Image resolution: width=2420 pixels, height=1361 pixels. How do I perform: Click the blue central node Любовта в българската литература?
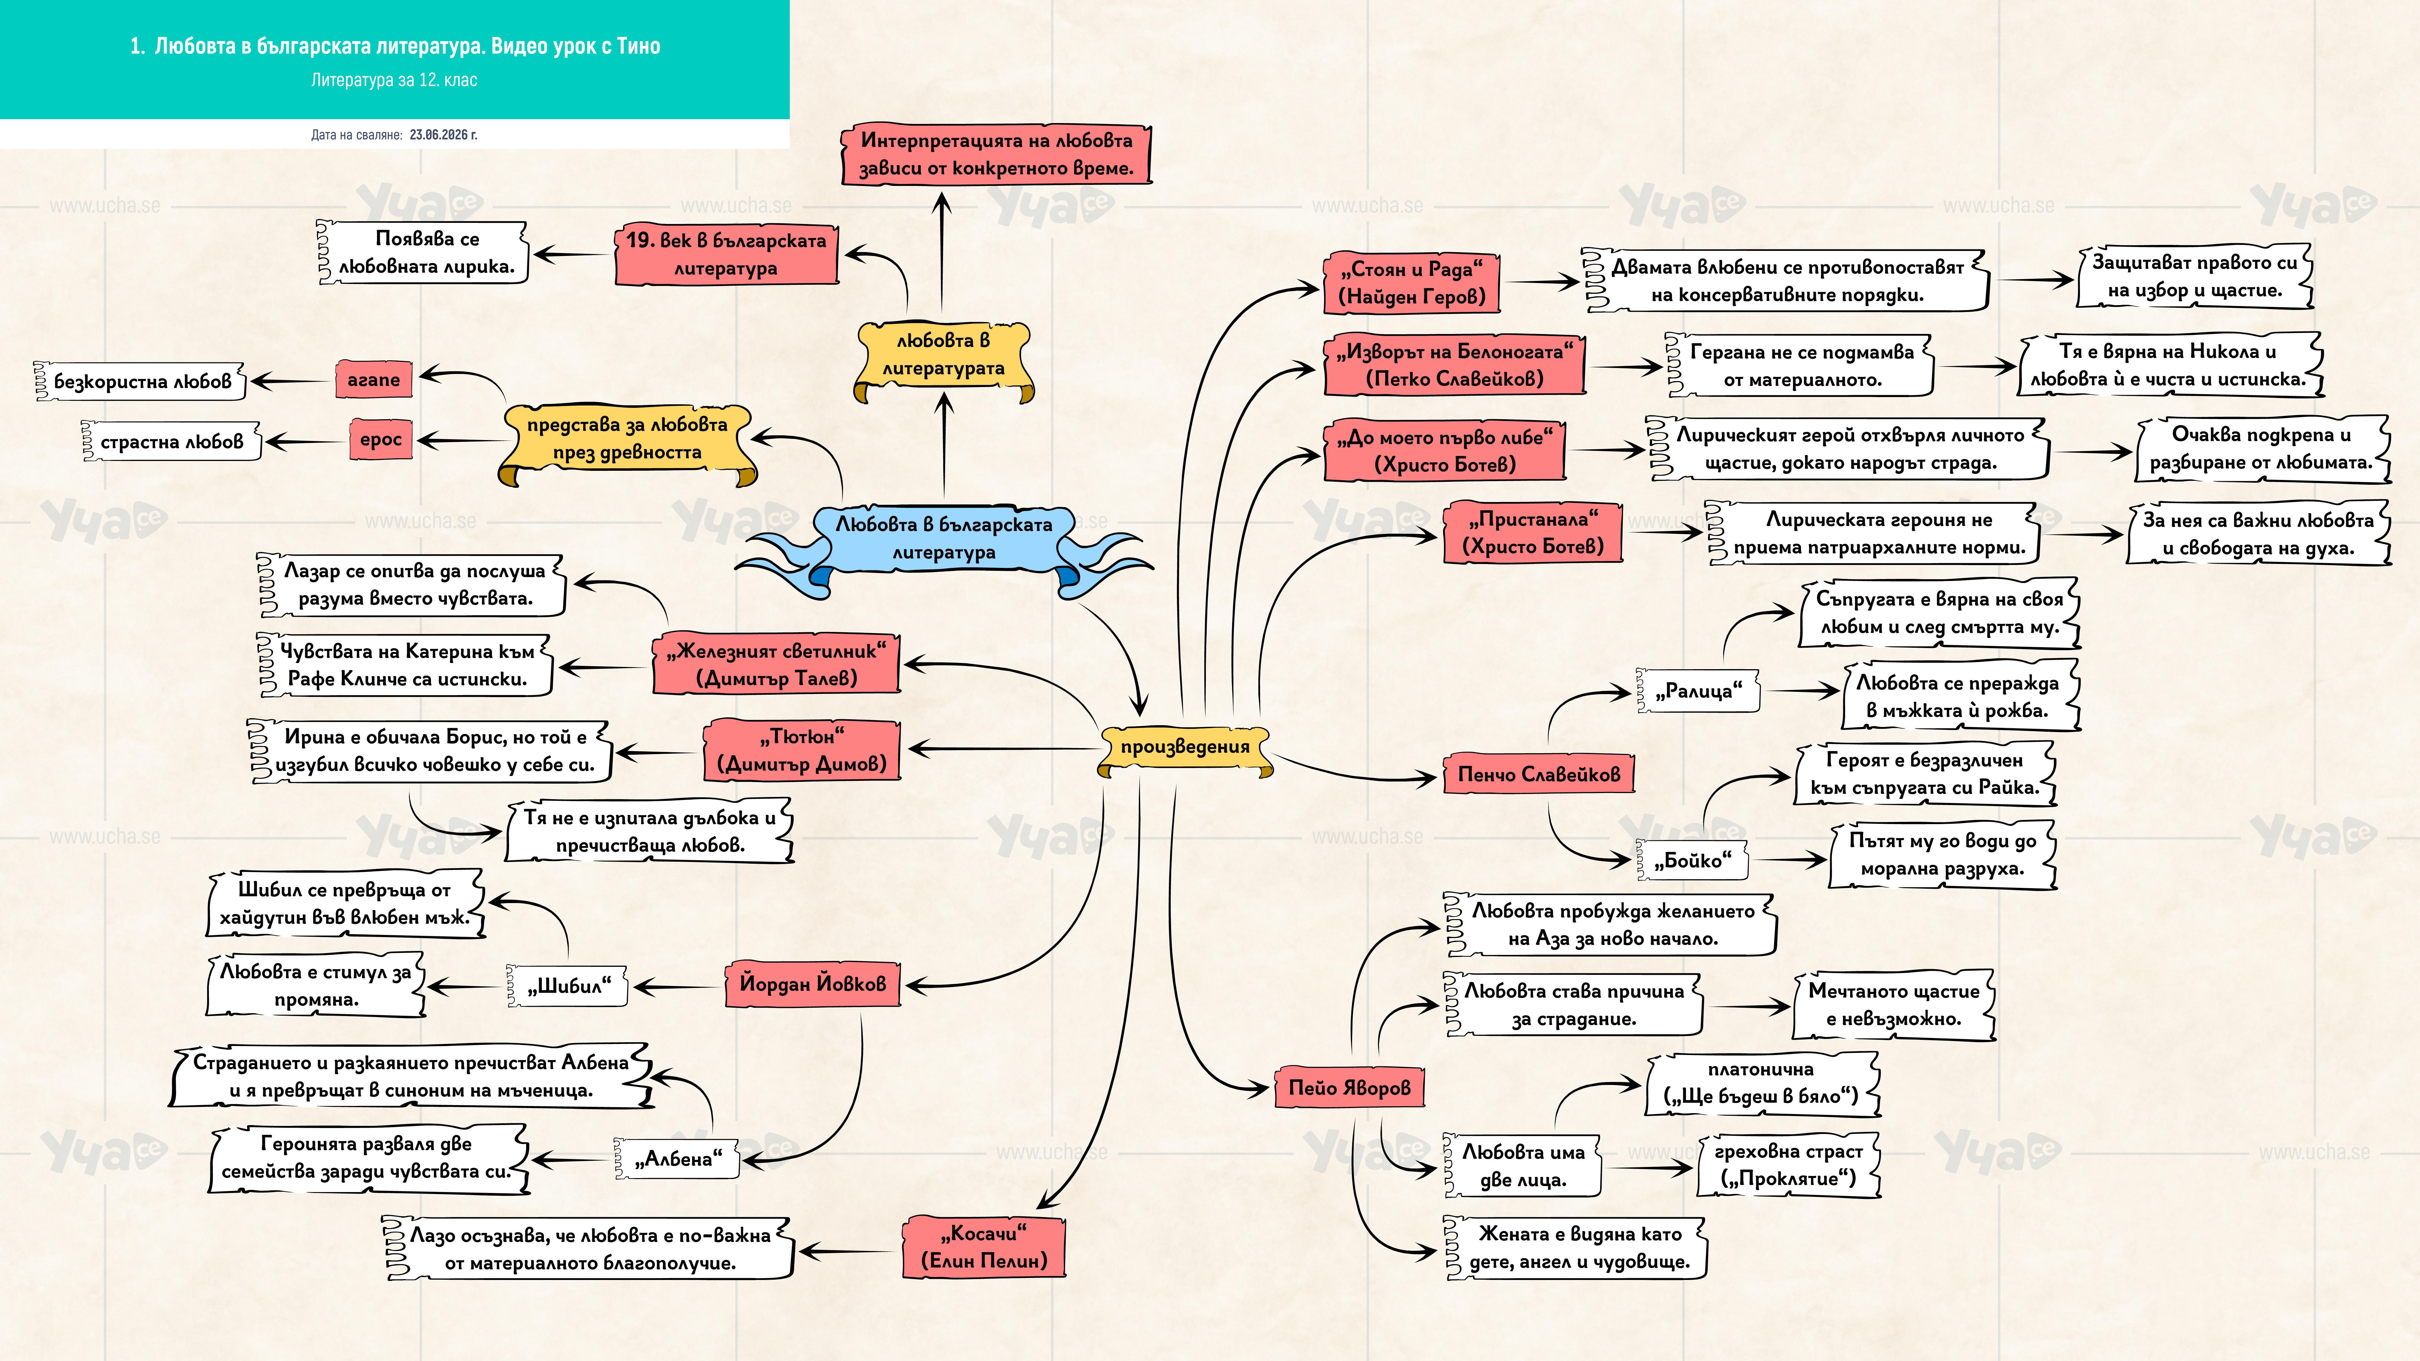coord(944,545)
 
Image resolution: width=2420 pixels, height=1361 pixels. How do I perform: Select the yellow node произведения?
coord(1186,749)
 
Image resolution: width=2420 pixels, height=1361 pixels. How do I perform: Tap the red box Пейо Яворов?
coord(1349,1088)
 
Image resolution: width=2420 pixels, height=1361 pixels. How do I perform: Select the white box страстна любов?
coord(172,442)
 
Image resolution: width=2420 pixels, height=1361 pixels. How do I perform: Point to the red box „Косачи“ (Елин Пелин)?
coord(983,1247)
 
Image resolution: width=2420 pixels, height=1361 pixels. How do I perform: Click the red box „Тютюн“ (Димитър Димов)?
coord(801,750)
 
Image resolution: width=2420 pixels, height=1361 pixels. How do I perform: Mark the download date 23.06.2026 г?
coord(443,134)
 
